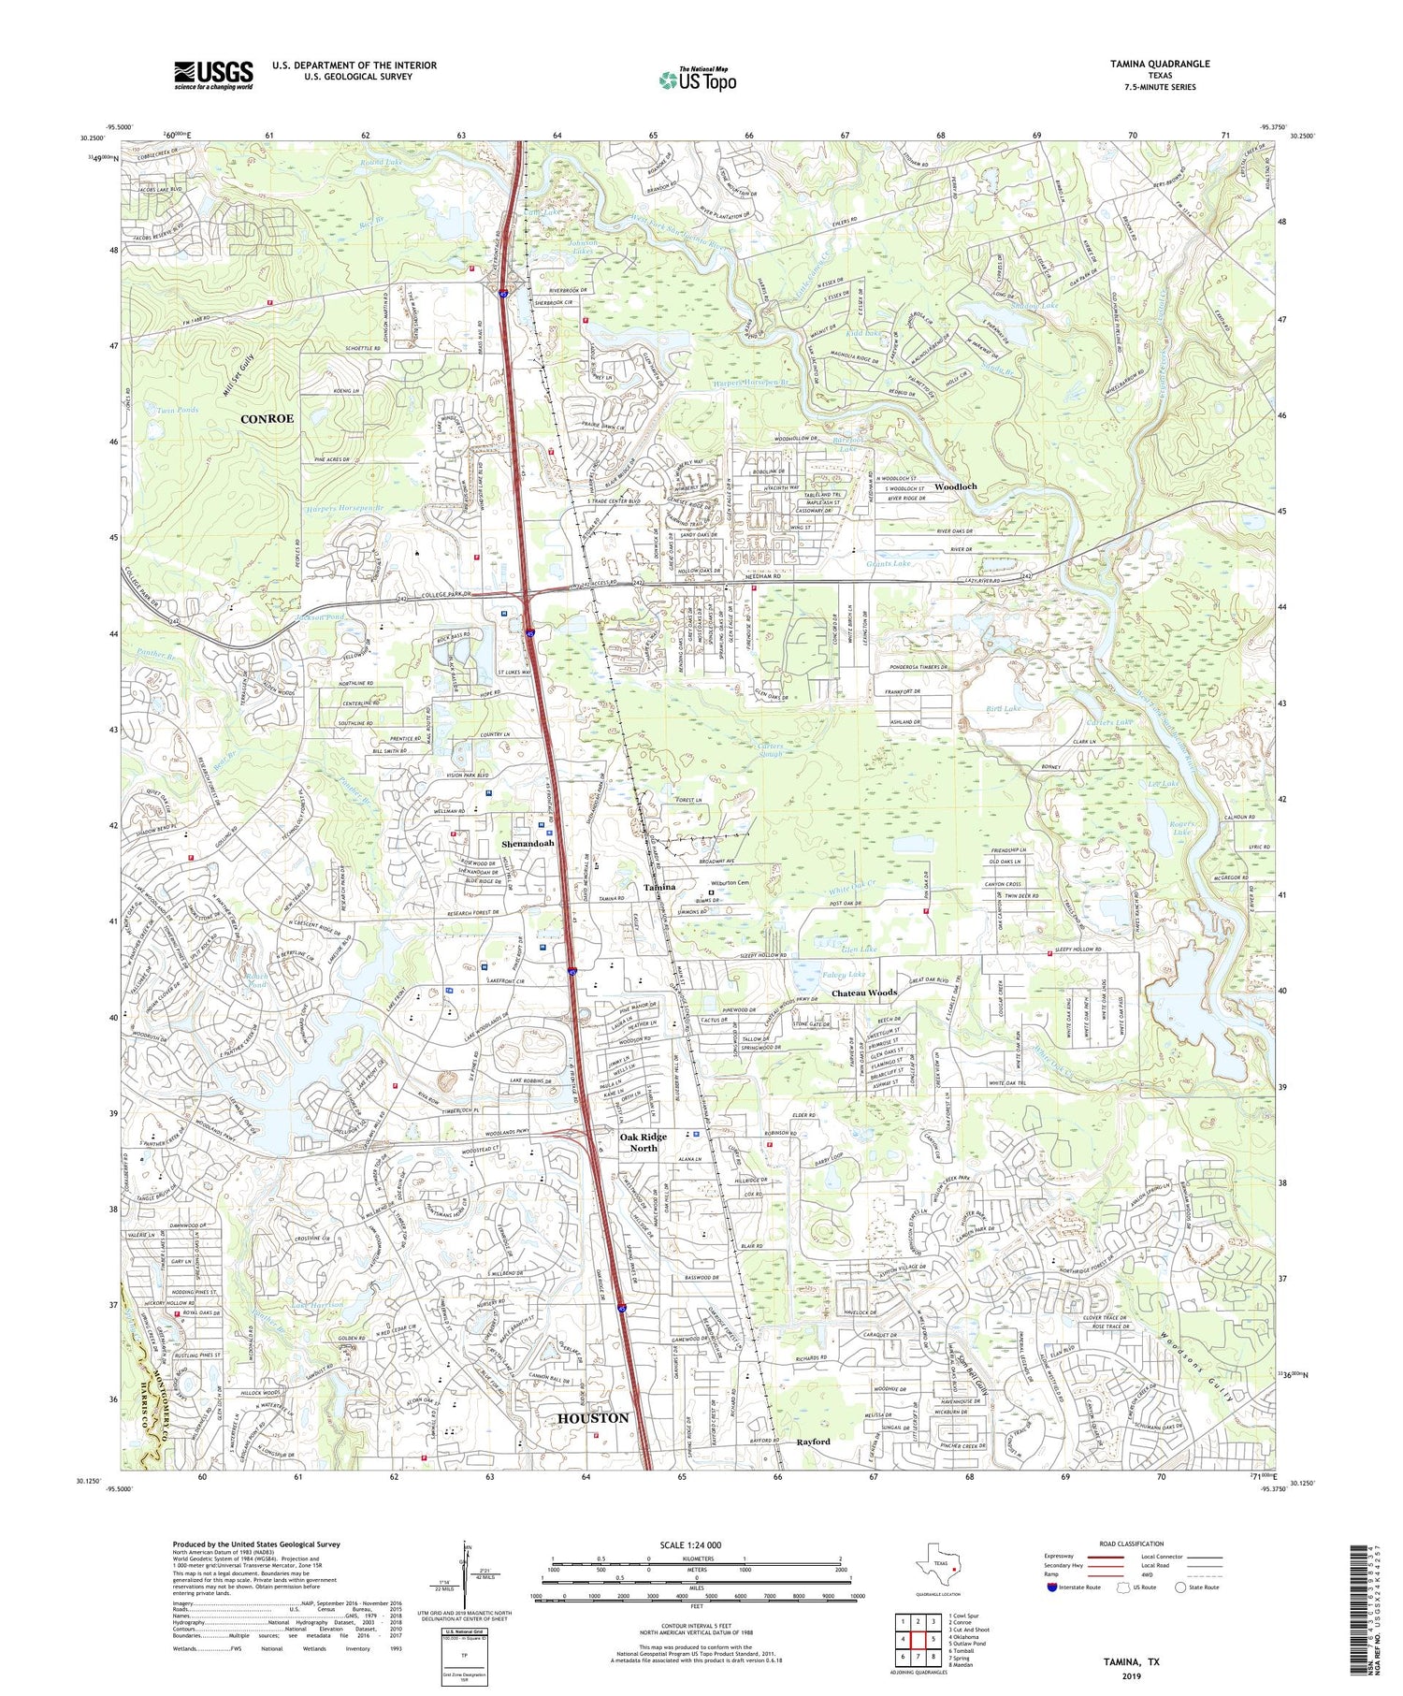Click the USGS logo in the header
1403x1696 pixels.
tap(213, 75)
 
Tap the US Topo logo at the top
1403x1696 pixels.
tap(697, 80)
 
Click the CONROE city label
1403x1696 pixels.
tap(267, 418)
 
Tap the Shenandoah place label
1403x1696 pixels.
tap(528, 843)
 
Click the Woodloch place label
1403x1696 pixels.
tap(954, 486)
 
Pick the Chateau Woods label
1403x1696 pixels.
tap(865, 993)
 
